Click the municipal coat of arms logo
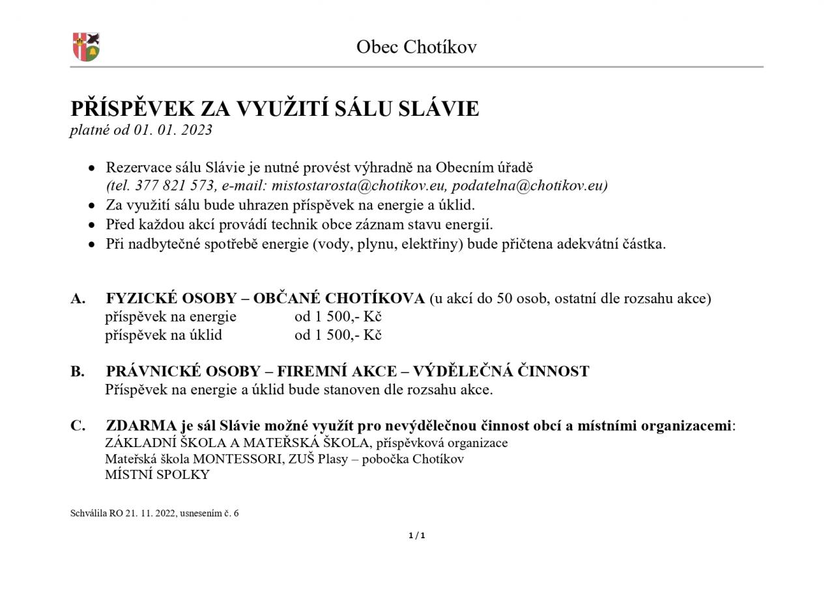coord(85,47)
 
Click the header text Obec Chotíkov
coord(416,47)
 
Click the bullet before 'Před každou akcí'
coord(93,225)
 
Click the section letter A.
coord(78,299)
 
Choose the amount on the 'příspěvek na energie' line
coord(338,317)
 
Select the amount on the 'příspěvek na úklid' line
coord(338,335)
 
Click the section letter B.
coord(78,372)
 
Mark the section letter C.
coord(78,426)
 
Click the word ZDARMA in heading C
coord(141,426)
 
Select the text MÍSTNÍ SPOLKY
coord(157,474)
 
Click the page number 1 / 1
coord(416,536)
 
